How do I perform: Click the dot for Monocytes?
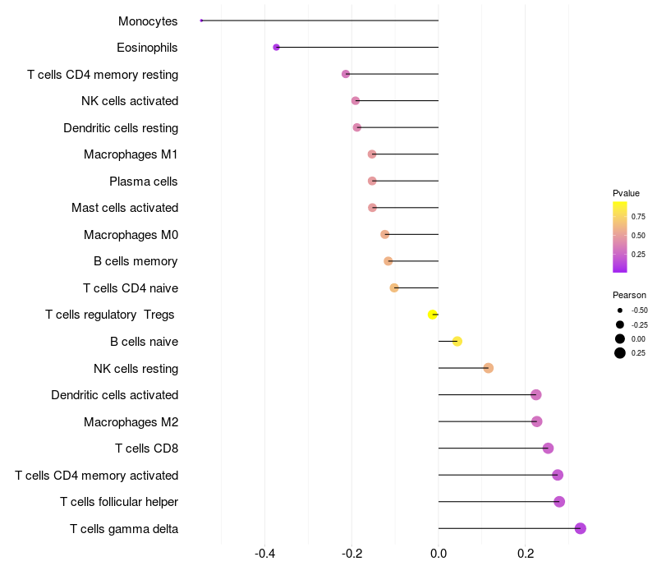(x=201, y=21)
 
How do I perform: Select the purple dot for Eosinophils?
(x=276, y=48)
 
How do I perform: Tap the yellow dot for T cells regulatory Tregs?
(x=433, y=315)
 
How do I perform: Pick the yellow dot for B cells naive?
(x=457, y=341)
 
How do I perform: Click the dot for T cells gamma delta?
(x=581, y=528)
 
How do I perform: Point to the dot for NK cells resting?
(x=488, y=368)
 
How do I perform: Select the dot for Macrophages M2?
(x=537, y=421)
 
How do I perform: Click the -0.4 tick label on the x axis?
(x=264, y=554)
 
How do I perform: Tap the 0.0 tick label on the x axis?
(x=439, y=554)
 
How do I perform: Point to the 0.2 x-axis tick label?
(x=526, y=554)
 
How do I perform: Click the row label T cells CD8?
(x=147, y=448)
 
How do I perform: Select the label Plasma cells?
(x=143, y=182)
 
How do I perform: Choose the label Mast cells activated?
(x=125, y=208)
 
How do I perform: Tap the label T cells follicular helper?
(x=119, y=502)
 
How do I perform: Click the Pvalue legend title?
(x=626, y=193)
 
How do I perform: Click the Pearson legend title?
(x=629, y=295)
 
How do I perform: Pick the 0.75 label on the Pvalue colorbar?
(x=638, y=217)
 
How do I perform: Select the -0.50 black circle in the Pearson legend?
(x=620, y=310)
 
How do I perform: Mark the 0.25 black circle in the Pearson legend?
(x=620, y=353)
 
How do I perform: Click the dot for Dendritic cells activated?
(x=536, y=395)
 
